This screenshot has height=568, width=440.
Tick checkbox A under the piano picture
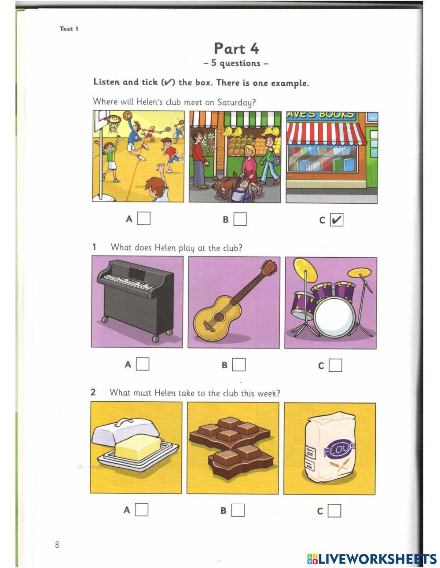[143, 364]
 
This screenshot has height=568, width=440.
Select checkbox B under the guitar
[239, 365]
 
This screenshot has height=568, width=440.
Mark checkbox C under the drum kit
[335, 365]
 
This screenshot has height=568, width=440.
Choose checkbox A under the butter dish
[142, 510]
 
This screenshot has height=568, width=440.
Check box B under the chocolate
[238, 510]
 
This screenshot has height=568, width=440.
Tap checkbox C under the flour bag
[334, 511]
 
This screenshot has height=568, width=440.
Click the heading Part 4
[236, 48]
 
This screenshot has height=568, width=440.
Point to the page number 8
[57, 545]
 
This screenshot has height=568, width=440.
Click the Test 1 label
[69, 29]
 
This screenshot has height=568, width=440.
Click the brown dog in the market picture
[224, 185]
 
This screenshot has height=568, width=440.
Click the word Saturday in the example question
[236, 103]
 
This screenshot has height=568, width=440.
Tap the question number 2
[93, 392]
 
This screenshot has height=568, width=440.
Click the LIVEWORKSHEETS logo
[372, 559]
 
